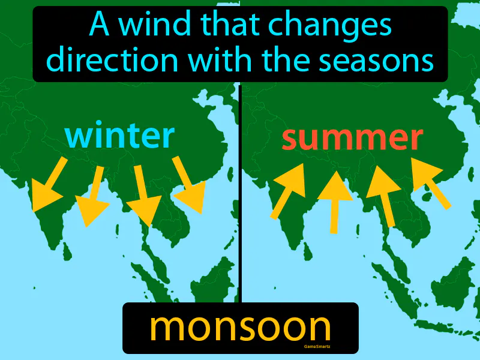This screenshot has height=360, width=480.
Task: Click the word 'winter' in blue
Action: click(x=120, y=136)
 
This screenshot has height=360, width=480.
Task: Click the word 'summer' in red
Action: click(x=352, y=139)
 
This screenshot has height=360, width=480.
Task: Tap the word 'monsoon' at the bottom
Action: click(x=240, y=328)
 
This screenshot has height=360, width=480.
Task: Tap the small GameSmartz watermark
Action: click(x=310, y=347)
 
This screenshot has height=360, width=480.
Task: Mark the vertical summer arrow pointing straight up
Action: click(x=335, y=202)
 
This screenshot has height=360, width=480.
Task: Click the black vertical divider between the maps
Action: click(x=240, y=192)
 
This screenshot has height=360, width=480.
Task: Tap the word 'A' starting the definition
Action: click(x=99, y=25)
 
